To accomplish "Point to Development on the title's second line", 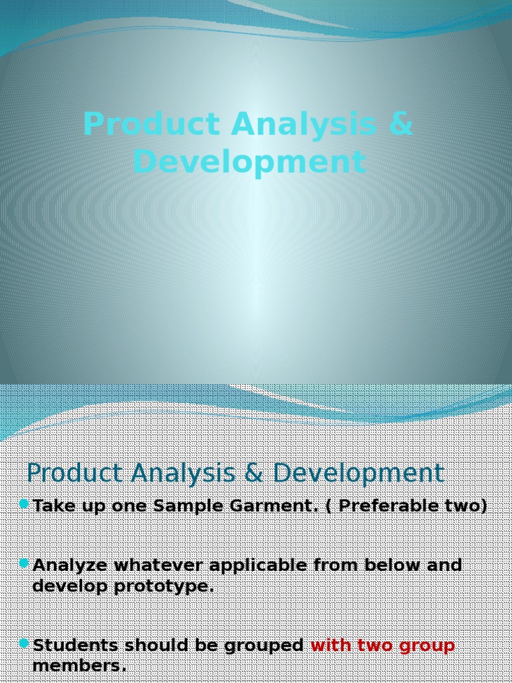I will (x=249, y=162).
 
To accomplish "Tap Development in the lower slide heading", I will (x=358, y=473).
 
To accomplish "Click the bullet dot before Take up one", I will (x=25, y=503).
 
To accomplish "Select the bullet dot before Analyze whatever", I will (x=25, y=563).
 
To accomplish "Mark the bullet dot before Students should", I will (x=25, y=643).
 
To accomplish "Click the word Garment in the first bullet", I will (x=277, y=506).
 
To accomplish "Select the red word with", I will (x=331, y=646).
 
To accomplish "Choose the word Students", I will (x=75, y=646).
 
